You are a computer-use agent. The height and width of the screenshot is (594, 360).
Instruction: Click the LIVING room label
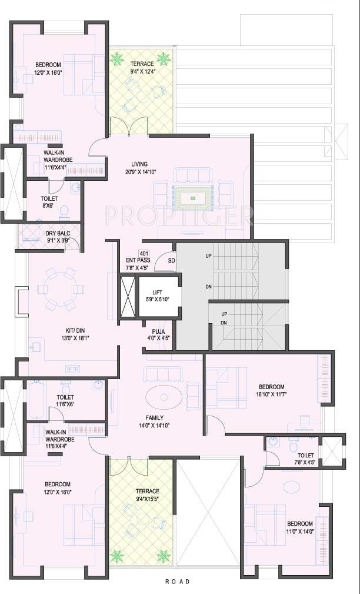[139, 164]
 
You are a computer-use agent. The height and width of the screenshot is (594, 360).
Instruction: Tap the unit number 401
[144, 253]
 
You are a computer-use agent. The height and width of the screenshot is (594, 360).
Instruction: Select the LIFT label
[158, 292]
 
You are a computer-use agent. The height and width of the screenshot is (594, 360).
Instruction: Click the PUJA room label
[158, 331]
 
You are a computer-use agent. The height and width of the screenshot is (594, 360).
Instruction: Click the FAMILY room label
[154, 418]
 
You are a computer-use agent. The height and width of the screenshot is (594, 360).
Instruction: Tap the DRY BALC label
[58, 233]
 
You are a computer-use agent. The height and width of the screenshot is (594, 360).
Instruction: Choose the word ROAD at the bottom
[178, 582]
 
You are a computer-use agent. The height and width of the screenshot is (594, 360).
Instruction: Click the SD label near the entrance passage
[171, 261]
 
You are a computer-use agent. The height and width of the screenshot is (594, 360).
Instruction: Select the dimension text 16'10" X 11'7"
[271, 394]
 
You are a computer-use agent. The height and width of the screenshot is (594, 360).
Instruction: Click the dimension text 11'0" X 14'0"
[300, 531]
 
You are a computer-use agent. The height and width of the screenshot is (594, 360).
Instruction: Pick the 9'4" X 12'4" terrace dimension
[142, 71]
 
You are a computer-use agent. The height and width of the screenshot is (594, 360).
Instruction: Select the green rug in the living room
[192, 198]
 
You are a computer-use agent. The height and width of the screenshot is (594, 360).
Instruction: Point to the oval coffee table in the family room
[164, 397]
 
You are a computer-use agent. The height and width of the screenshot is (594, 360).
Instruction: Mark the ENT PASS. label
[139, 261]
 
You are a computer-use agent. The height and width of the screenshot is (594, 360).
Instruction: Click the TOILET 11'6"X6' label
[65, 400]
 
